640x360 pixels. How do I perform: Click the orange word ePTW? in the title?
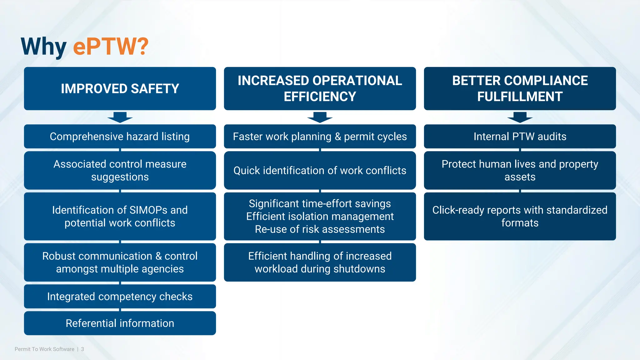point(111,47)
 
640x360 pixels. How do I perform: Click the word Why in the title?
point(43,47)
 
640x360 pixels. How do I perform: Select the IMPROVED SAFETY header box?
point(120,88)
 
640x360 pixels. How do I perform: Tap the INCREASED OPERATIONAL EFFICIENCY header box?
point(320,88)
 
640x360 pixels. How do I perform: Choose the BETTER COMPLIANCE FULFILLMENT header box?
point(520,88)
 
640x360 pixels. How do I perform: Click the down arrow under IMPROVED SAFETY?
point(120,117)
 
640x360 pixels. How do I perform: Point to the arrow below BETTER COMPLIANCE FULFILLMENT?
point(520,117)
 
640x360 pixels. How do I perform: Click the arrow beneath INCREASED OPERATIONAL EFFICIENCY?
point(320,117)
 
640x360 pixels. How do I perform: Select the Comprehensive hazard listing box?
point(120,137)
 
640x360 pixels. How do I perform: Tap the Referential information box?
point(120,323)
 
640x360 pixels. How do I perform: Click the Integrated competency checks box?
point(120,296)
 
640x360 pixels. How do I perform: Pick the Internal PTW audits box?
point(520,137)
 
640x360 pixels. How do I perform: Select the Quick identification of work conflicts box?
point(320,171)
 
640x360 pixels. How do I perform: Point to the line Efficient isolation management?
point(320,216)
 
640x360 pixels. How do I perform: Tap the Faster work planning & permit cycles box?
point(320,137)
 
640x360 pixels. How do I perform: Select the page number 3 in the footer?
point(82,349)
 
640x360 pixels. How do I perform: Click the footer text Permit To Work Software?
point(44,349)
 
